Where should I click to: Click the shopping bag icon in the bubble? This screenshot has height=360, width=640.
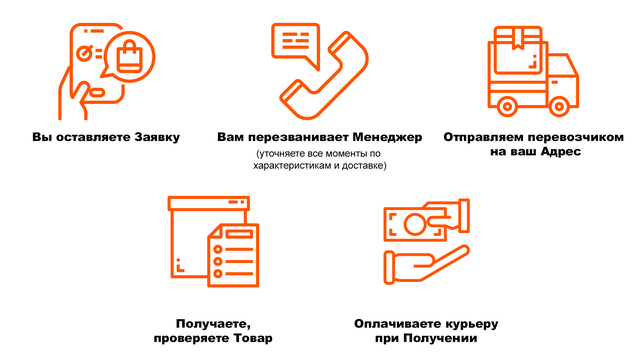click(129, 56)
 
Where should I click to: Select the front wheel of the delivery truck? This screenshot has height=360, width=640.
click(559, 107)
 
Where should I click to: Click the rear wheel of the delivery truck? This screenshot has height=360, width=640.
click(507, 107)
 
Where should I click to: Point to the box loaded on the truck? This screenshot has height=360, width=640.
click(518, 50)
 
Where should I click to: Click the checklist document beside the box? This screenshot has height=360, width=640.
click(233, 255)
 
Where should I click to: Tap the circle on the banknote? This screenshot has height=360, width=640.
click(414, 224)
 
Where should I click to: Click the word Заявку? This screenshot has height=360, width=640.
click(157, 137)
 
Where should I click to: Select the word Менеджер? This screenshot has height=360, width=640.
click(387, 137)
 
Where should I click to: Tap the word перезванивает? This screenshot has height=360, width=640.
click(298, 137)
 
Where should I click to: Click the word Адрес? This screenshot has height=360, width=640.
click(560, 151)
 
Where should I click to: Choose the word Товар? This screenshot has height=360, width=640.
click(253, 338)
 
